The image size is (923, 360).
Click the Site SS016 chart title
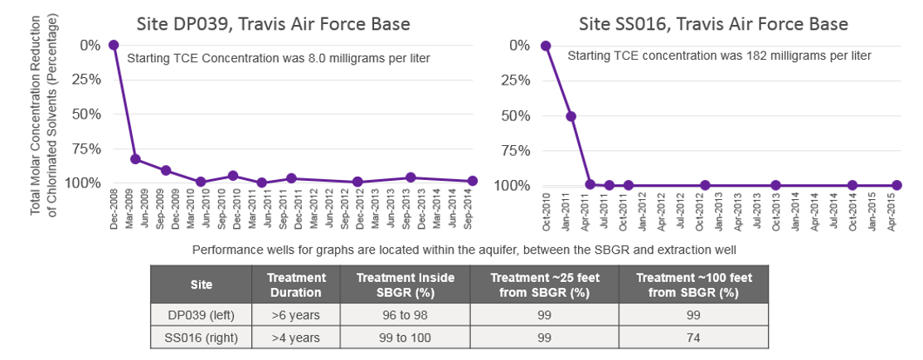point(720,24)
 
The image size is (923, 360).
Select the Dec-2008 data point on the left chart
point(114,45)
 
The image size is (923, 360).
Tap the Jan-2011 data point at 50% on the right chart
point(571,116)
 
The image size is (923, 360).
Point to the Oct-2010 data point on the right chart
point(546,46)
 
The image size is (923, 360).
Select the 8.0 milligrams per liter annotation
point(278,58)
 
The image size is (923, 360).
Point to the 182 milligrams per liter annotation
point(719,56)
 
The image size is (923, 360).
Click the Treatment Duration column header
point(297,285)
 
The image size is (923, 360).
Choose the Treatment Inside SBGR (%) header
point(406,285)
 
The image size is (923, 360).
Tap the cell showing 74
point(693,337)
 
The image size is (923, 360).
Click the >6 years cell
point(296,315)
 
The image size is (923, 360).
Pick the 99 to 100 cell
point(406,337)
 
